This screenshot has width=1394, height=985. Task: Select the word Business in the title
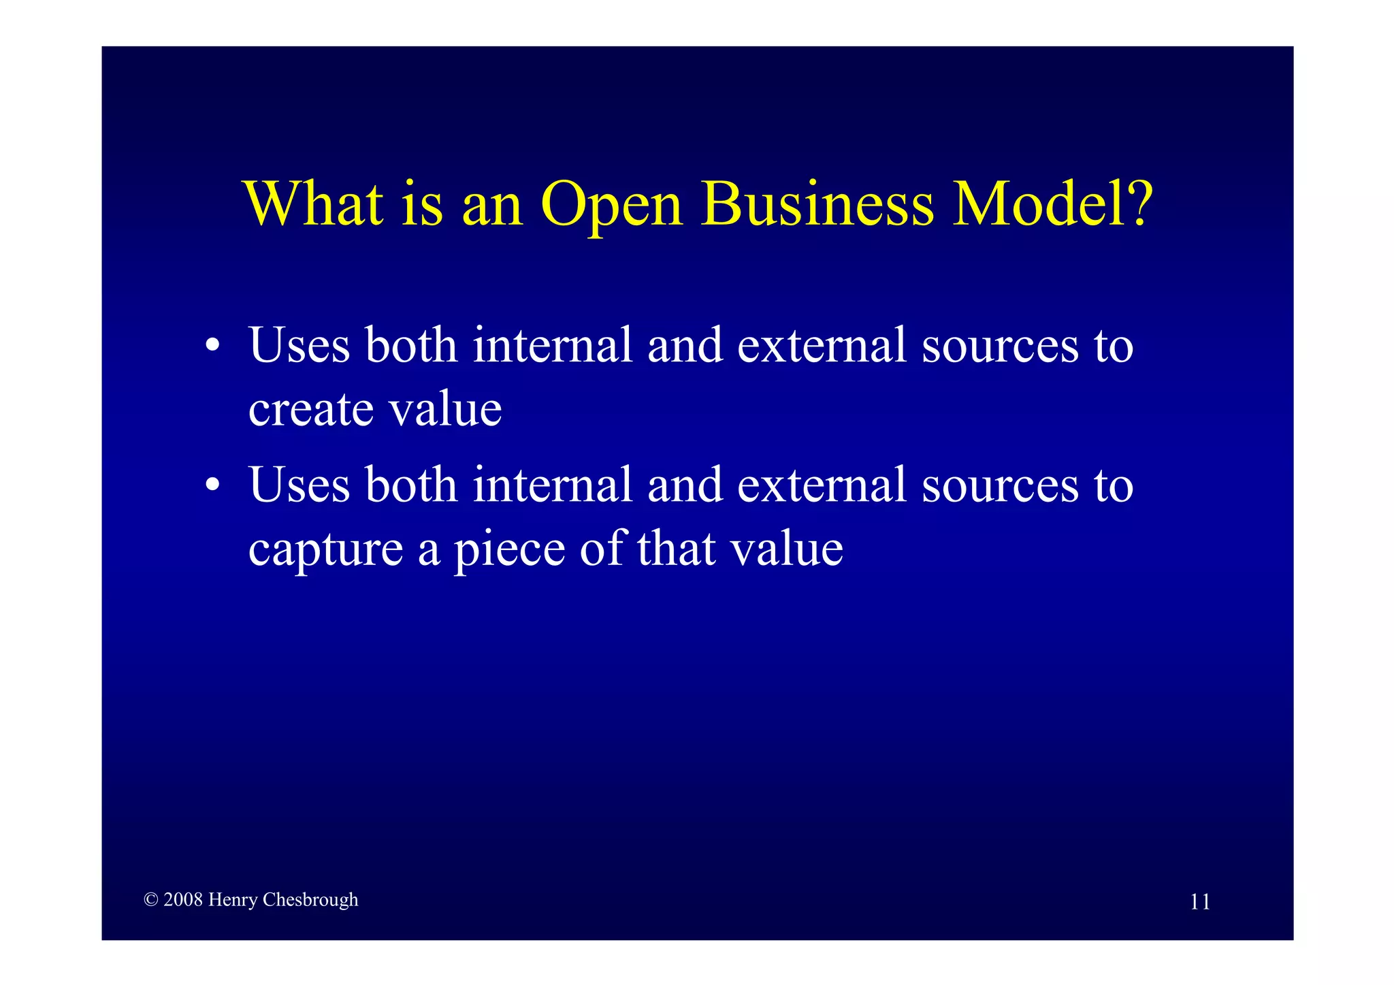pos(817,204)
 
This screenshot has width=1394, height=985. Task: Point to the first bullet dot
pos(213,344)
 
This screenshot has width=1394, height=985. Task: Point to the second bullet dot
pos(213,485)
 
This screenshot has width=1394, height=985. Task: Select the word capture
pos(325,550)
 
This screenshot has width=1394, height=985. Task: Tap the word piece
pos(509,550)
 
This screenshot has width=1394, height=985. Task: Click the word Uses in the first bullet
pos(299,344)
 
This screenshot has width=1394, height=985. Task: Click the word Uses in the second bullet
pos(299,485)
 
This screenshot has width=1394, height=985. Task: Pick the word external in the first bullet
pos(822,344)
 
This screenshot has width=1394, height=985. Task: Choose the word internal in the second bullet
pos(553,485)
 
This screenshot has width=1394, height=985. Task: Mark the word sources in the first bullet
pos(1000,346)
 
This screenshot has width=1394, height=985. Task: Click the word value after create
pos(445,410)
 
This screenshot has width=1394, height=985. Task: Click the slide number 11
pos(1199,902)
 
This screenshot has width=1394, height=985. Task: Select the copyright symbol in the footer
pos(151,900)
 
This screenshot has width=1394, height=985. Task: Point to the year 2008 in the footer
pos(183,900)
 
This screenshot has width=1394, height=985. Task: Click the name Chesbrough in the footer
pos(310,900)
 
